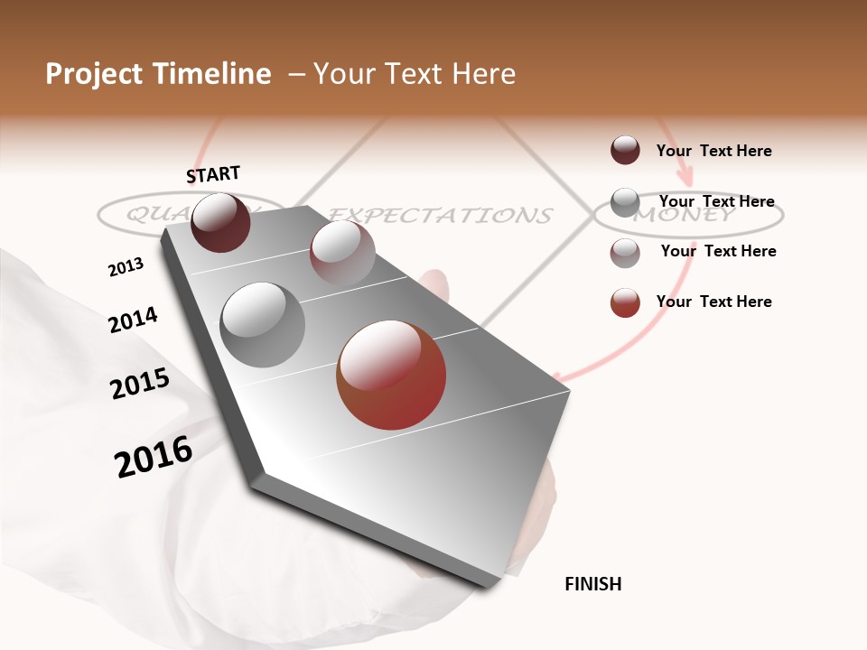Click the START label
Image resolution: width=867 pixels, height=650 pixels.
click(x=213, y=173)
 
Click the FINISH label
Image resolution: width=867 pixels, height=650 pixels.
click(x=592, y=584)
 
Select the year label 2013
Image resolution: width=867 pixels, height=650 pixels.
click(x=126, y=267)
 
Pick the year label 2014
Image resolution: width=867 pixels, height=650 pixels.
click(x=133, y=320)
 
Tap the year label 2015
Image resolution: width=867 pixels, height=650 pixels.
click(x=140, y=384)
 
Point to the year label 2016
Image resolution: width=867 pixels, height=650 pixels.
click(x=154, y=457)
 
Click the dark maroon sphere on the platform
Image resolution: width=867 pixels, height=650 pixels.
click(x=220, y=222)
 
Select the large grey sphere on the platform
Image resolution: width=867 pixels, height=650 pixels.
click(x=262, y=325)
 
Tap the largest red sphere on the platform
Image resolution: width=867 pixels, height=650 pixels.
click(x=391, y=375)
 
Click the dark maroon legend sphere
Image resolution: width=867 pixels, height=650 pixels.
click(x=625, y=150)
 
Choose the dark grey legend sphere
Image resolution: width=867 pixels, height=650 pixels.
click(x=625, y=202)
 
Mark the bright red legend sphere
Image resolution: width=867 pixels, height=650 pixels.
click(x=625, y=302)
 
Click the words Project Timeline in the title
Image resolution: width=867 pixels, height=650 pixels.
click(x=158, y=74)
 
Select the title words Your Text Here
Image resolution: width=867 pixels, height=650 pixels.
click(x=415, y=74)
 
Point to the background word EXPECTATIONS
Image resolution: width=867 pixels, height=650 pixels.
click(x=440, y=215)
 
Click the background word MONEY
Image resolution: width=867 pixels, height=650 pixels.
click(x=684, y=215)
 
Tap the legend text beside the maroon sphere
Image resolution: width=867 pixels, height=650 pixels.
click(x=713, y=151)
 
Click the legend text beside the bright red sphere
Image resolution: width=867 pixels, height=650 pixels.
click(x=713, y=302)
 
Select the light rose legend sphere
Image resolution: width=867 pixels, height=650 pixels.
click(x=625, y=253)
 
